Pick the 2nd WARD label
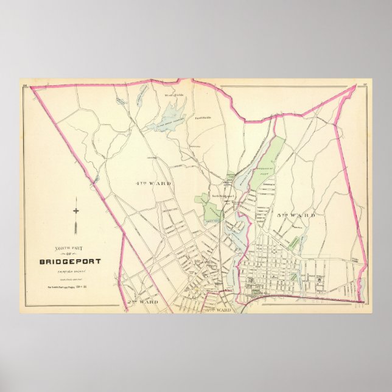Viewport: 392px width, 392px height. coord(144,301)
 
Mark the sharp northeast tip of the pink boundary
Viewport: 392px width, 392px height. coord(354,86)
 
